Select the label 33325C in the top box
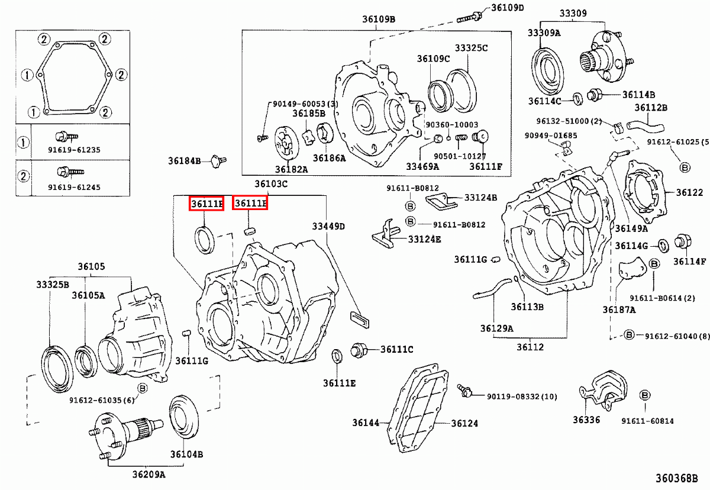(471, 47)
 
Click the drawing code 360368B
(679, 478)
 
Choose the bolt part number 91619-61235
(74, 150)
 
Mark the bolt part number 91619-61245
(74, 187)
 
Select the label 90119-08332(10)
(522, 396)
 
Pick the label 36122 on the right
(689, 192)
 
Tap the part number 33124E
(425, 239)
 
